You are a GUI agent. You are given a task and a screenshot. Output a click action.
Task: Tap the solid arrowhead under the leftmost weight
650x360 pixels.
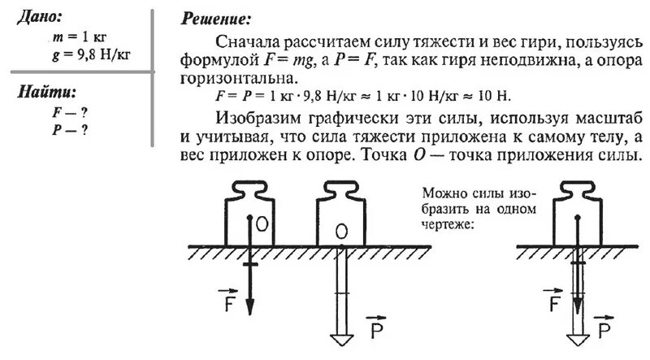tap(250, 308)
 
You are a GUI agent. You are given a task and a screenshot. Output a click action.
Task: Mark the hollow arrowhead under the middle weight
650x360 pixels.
tap(340, 338)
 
